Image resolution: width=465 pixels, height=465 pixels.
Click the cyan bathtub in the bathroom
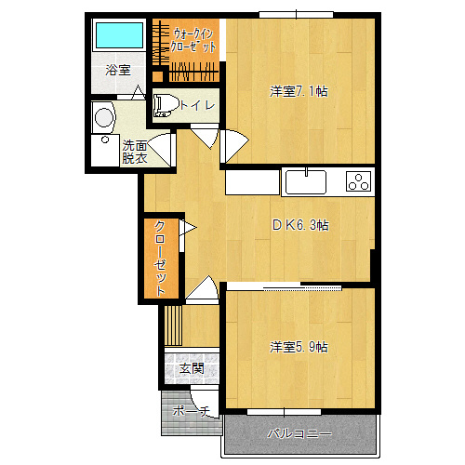(x=119, y=34)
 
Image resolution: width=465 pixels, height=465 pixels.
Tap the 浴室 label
(x=118, y=70)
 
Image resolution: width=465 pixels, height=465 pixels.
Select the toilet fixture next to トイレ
(x=166, y=105)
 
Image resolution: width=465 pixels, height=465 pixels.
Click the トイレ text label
(x=197, y=105)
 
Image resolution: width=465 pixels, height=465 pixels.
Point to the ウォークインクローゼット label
(x=193, y=40)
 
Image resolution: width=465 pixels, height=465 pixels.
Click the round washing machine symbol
(x=103, y=117)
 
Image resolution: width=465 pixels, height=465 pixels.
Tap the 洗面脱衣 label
(x=135, y=152)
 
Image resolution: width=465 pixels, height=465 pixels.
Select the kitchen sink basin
(x=306, y=182)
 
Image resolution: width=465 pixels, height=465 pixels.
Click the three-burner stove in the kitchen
(x=359, y=181)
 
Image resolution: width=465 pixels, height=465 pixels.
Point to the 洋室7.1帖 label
(x=299, y=91)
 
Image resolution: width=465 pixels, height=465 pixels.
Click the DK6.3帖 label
(x=300, y=225)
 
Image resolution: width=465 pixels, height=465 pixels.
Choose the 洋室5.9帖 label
(x=299, y=347)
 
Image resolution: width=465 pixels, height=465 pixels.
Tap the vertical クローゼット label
(x=160, y=258)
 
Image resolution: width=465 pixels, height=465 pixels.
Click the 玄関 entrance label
(x=192, y=368)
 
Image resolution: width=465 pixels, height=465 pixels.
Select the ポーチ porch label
(x=192, y=411)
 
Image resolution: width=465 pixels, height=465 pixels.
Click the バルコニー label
(x=299, y=433)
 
